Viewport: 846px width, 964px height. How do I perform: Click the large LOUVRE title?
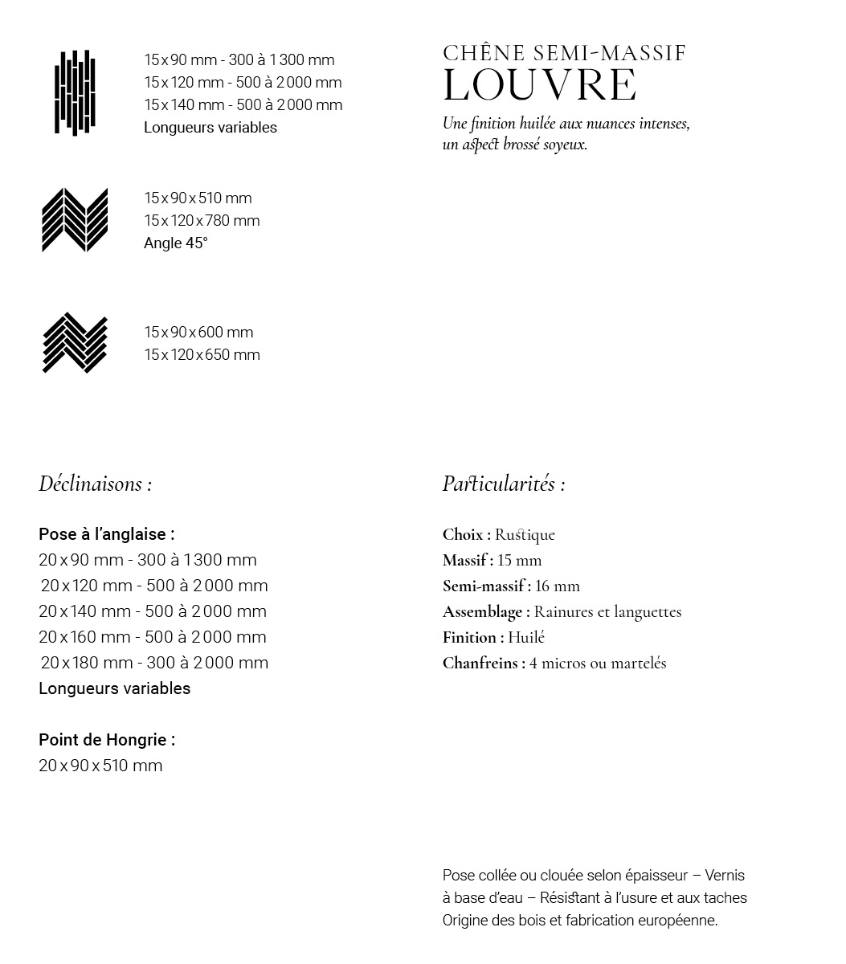coord(540,86)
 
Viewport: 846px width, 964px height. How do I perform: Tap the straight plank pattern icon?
coord(75,93)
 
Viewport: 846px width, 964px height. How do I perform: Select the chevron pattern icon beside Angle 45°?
coord(75,220)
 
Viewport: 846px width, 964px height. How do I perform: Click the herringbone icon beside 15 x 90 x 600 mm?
coord(75,343)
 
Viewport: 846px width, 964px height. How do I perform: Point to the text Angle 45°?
coord(175,243)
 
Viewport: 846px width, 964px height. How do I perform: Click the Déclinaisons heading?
coord(95,484)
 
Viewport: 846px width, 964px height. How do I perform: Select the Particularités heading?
coord(503,484)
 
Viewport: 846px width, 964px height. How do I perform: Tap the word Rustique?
coord(525,535)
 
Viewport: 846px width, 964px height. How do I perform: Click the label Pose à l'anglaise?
coord(106,534)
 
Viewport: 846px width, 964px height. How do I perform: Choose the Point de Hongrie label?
coord(106,740)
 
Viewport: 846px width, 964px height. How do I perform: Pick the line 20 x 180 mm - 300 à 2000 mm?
coord(154,663)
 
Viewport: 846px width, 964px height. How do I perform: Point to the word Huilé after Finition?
coord(526,638)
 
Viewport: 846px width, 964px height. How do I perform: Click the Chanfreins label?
coord(483,664)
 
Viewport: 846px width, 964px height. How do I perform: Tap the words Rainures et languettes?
coord(607,612)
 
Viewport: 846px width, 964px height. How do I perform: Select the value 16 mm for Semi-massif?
coord(558,586)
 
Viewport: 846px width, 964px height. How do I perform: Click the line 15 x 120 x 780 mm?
coord(202,221)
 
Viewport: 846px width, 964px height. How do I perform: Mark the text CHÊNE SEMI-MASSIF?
coord(564,54)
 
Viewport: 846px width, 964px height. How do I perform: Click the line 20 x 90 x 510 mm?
coord(100,766)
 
